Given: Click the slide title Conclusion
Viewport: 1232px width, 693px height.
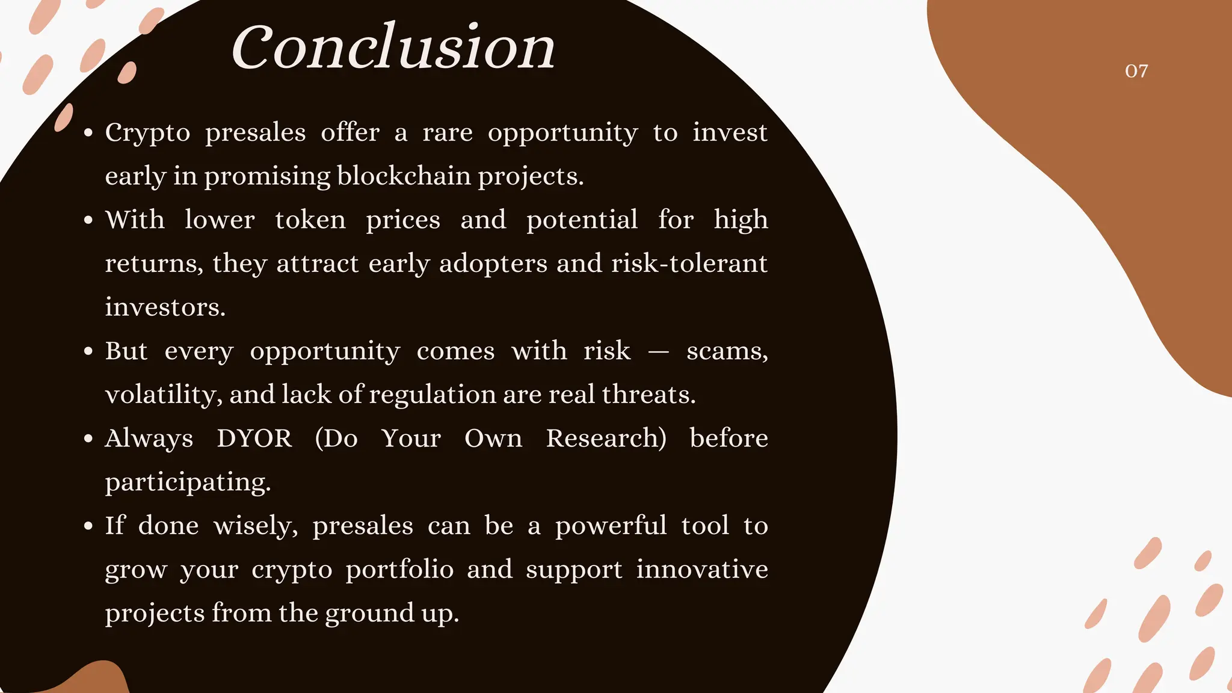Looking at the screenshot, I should coord(393,47).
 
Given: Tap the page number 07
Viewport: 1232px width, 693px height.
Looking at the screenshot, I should coord(1136,71).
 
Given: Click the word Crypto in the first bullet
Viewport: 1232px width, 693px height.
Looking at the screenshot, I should coord(147,133).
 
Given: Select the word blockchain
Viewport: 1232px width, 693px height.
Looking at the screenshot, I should coord(404,176).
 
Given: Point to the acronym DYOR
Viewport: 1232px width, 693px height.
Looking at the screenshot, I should coord(254,438).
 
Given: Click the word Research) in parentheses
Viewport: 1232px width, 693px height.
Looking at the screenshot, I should coord(606,438).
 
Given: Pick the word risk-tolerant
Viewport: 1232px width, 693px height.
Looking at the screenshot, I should coord(689,263).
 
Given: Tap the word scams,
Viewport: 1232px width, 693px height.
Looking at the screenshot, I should coord(727,351).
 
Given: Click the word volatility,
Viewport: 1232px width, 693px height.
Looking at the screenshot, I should coord(164,395).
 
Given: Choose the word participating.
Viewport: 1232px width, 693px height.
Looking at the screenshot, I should coord(188,482).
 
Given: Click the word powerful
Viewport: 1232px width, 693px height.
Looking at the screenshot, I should coord(611,526).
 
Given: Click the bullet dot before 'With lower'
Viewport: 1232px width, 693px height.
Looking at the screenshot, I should coord(88,220).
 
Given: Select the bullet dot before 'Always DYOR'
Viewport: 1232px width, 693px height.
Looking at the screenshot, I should coord(88,439).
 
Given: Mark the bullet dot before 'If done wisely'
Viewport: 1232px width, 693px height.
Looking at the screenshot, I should coord(88,526).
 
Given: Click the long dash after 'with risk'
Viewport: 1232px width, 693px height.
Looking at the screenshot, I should coord(659,352).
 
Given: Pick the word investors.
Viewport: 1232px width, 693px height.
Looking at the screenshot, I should coord(165,307).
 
